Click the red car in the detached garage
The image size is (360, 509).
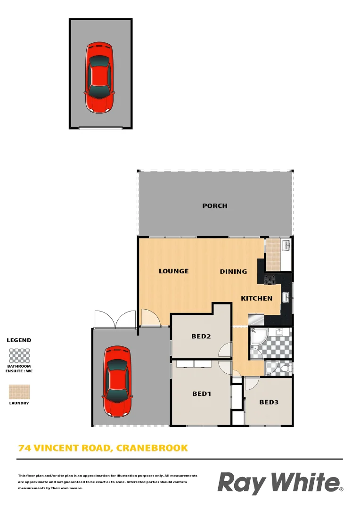coord(99,77)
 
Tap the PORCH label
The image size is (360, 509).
coord(215,206)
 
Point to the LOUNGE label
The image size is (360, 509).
coord(173,271)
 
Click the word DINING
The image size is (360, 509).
coord(233,271)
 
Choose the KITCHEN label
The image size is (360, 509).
coord(256,298)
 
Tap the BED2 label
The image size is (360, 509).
coord(201,337)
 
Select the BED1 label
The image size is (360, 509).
coord(202,394)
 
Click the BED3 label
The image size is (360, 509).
coord(269,402)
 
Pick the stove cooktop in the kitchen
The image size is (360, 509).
coord(271,279)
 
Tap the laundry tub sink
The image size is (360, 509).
coord(285,245)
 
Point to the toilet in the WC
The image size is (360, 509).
coord(286,367)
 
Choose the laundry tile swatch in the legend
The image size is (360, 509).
coord(19,392)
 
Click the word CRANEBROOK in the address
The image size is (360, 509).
coord(152,448)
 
